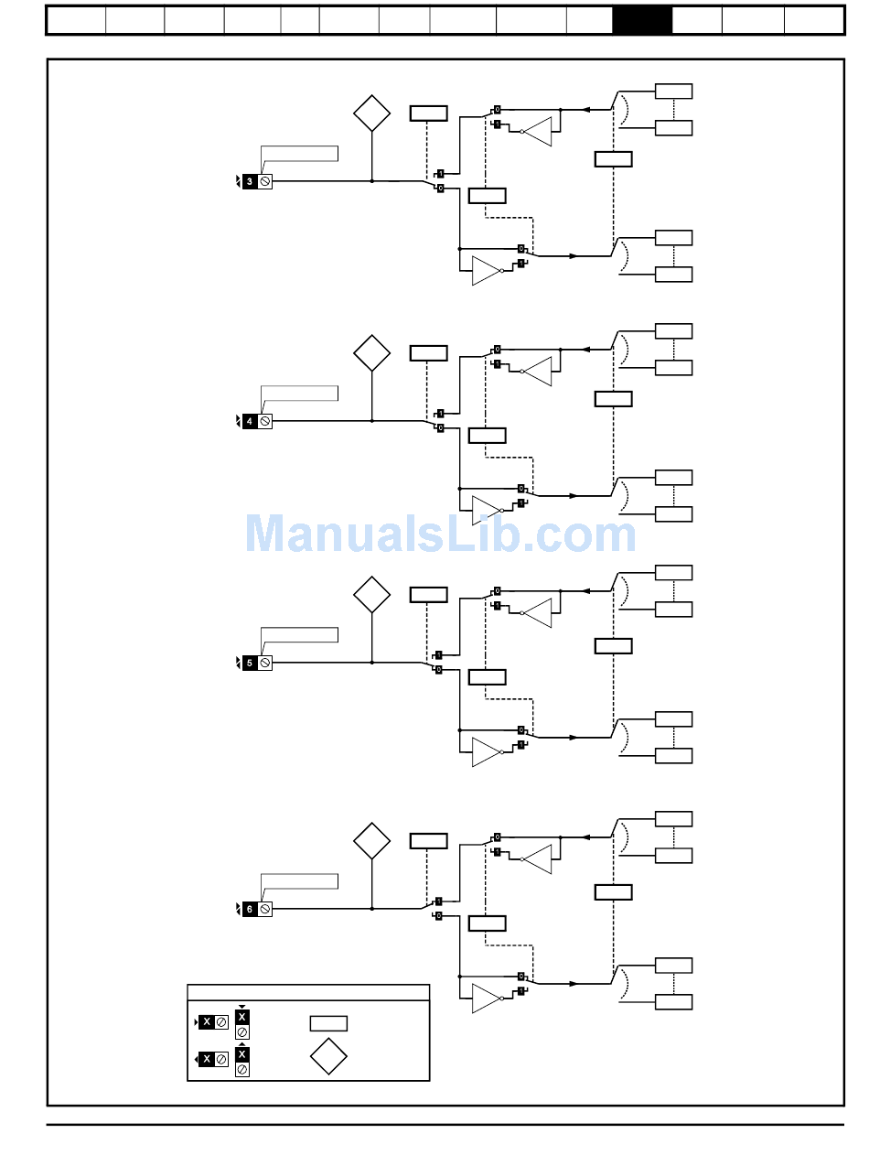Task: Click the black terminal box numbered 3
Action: pyautogui.click(x=250, y=181)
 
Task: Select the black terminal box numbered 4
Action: pyautogui.click(x=250, y=421)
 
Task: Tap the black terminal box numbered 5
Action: pyautogui.click(x=250, y=663)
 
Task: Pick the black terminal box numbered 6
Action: pyautogui.click(x=250, y=909)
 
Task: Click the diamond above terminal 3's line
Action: pyautogui.click(x=372, y=113)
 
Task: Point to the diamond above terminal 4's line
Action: pyautogui.click(x=372, y=353)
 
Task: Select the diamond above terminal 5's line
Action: pyautogui.click(x=372, y=595)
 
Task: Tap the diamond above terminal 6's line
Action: pyautogui.click(x=372, y=841)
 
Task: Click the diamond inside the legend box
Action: pyautogui.click(x=328, y=1056)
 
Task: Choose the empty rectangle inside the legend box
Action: pyautogui.click(x=328, y=1023)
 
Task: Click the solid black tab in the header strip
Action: pyautogui.click(x=642, y=20)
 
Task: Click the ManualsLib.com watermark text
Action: pyautogui.click(x=440, y=534)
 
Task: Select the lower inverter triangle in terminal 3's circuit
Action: pyautogui.click(x=486, y=271)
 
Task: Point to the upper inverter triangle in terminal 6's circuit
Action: pyautogui.click(x=539, y=859)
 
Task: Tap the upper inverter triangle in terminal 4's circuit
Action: pyautogui.click(x=539, y=372)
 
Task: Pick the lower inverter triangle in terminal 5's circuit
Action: pyautogui.click(x=486, y=752)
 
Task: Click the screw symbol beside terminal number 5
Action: pyautogui.click(x=265, y=663)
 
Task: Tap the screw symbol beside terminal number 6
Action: pyautogui.click(x=265, y=909)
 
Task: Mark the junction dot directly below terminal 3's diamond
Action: pyautogui.click(x=372, y=181)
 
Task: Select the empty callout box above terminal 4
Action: pyautogui.click(x=299, y=393)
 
